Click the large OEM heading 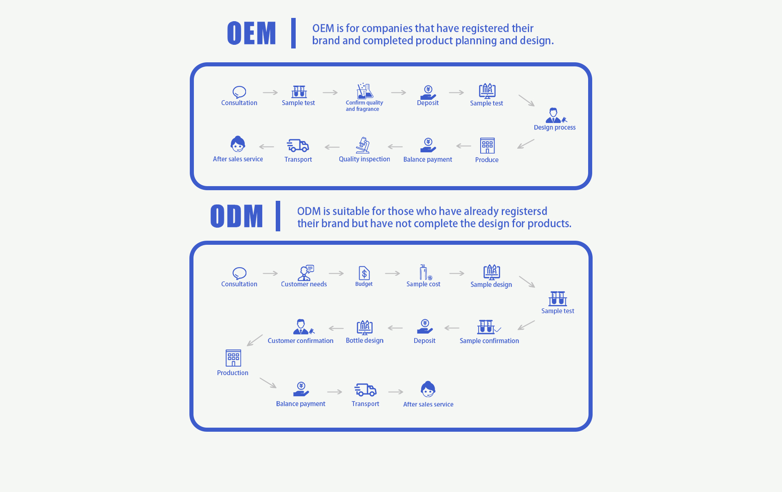[251, 33]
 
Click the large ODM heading [237, 216]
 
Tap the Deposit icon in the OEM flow [428, 92]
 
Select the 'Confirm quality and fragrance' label [364, 106]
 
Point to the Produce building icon [487, 145]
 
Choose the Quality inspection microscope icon [363, 145]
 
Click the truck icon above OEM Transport [298, 145]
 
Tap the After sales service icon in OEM [238, 144]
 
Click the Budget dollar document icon [364, 273]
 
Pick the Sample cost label [423, 284]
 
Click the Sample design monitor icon [492, 272]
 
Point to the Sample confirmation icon [488, 327]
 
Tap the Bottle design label [365, 340]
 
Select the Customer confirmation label [300, 340]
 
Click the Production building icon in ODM [233, 358]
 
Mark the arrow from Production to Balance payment [268, 383]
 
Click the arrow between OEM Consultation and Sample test [270, 92]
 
